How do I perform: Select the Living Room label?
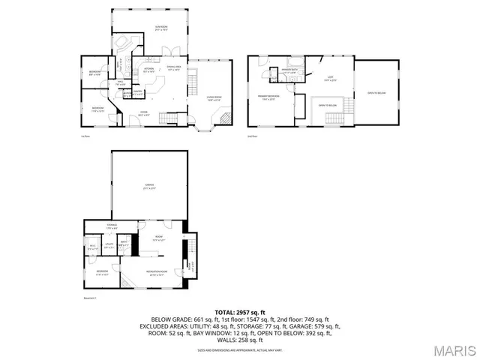tap(214, 97)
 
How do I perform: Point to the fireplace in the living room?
tap(223, 116)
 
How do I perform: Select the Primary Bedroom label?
tap(270, 97)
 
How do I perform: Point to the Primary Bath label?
tap(290, 71)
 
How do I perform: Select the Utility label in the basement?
tap(109, 245)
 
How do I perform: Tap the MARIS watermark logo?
tap(454, 350)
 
